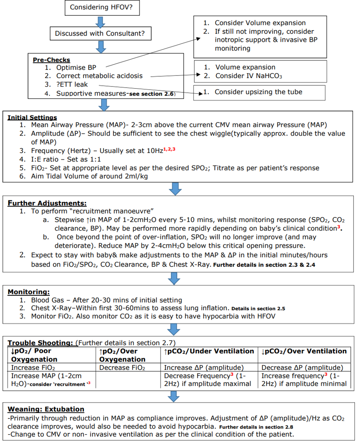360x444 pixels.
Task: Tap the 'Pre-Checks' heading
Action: click(51, 60)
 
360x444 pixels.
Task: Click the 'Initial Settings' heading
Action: click(32, 117)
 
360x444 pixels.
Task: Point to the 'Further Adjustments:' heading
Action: click(47, 203)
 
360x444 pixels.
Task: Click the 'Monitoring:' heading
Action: click(29, 292)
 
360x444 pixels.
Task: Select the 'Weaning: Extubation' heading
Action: click(46, 409)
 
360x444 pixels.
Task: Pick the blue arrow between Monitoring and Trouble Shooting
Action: click(174, 329)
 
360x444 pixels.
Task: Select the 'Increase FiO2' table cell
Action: click(33, 368)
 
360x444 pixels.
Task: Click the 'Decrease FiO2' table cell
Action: click(122, 368)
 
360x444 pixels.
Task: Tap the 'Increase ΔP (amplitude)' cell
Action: click(204, 368)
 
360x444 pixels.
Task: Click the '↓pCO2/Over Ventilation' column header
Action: click(304, 351)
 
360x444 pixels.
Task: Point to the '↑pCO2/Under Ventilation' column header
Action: click(209, 351)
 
